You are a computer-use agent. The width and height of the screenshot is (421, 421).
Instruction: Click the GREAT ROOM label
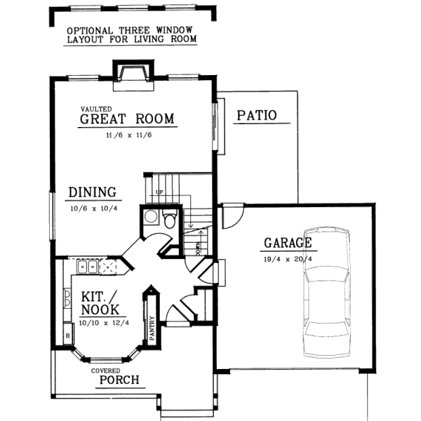(126, 119)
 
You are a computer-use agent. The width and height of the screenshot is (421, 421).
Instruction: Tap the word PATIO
(256, 116)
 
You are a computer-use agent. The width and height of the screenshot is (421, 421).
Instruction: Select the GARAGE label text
(287, 243)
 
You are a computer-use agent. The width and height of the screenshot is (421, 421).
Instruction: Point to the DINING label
(92, 192)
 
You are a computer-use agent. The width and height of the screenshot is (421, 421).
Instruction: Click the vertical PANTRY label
(152, 330)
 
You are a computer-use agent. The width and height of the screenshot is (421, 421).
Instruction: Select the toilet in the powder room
(169, 220)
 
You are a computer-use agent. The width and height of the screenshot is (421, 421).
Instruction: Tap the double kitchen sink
(87, 266)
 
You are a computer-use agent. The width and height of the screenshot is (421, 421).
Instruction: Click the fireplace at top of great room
(132, 72)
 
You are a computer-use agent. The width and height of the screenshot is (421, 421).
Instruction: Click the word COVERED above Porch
(105, 370)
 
